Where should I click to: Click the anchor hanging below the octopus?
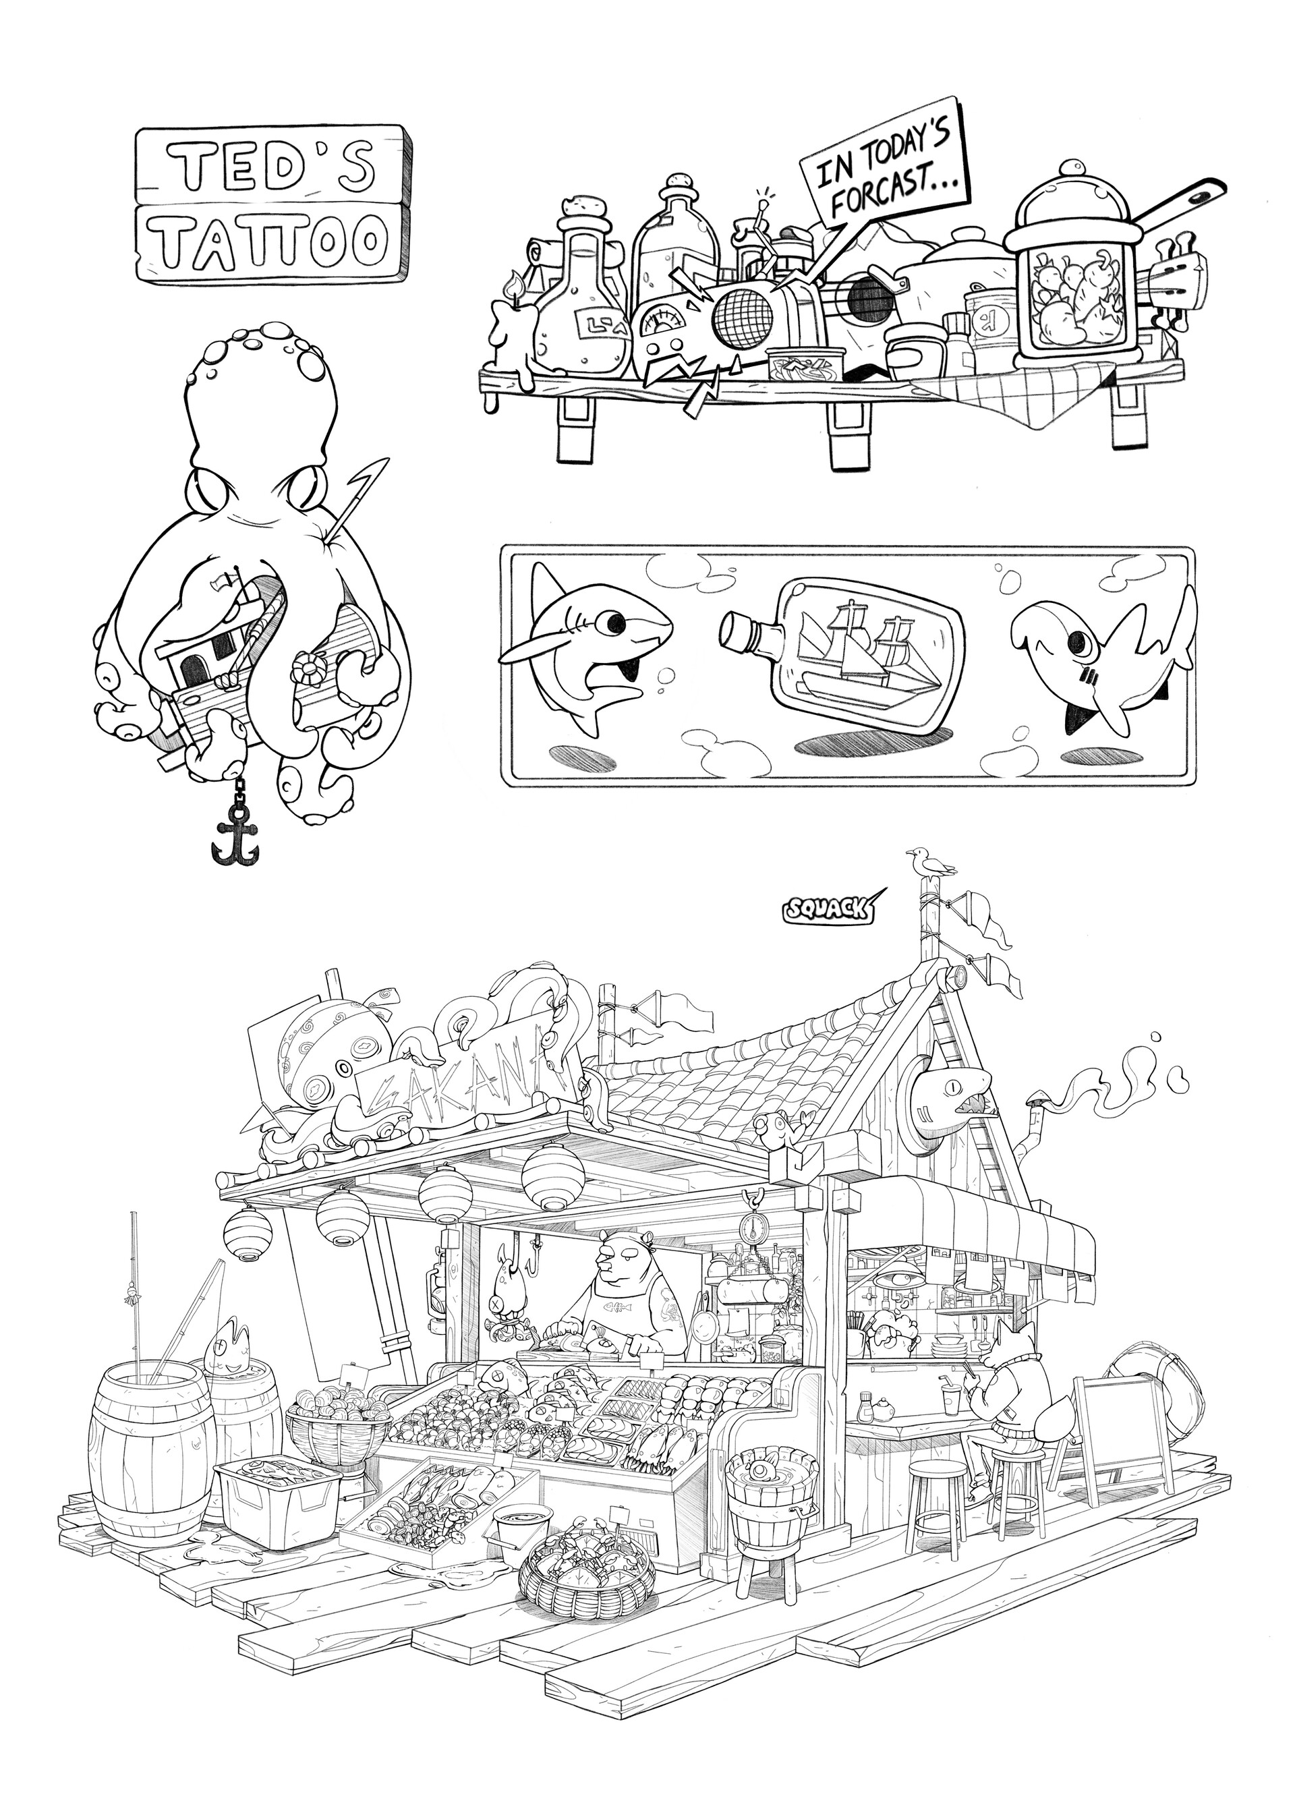click(236, 837)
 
